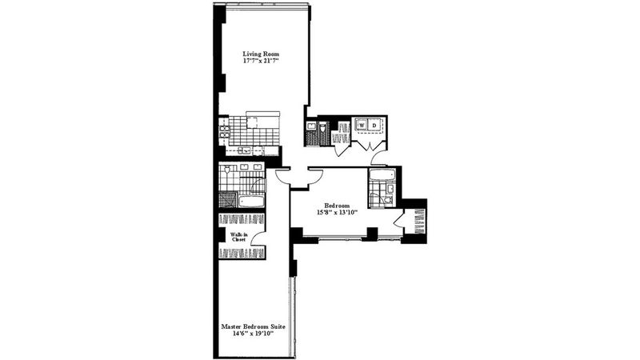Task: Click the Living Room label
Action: [261, 54]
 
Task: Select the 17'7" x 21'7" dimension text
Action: [261, 61]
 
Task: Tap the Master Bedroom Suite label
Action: [253, 326]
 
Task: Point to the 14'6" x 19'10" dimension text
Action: [253, 334]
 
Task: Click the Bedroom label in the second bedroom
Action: [337, 206]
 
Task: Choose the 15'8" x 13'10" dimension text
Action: [337, 212]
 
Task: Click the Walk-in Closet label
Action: [238, 237]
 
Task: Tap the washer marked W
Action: [362, 125]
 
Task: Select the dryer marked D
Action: [374, 125]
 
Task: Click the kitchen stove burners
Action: [224, 131]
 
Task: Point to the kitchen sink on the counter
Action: [245, 150]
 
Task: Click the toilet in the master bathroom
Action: [227, 168]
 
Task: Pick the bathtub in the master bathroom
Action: [252, 202]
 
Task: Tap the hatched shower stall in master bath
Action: [228, 200]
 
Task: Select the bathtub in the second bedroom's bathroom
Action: [382, 175]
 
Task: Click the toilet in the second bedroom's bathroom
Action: [388, 199]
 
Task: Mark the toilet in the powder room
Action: [323, 128]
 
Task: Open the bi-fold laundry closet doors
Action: [368, 146]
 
